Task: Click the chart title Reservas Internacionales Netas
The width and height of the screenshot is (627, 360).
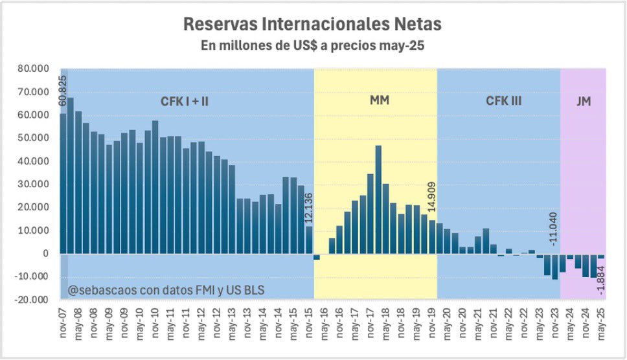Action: pos(313,24)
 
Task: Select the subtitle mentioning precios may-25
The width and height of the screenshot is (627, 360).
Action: pos(313,47)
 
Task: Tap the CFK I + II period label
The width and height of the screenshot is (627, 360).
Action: pos(185,101)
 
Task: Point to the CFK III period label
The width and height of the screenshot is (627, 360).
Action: pos(503,101)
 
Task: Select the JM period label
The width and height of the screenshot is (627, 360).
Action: pos(583,101)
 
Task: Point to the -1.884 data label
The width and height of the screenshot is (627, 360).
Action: pos(600,282)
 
